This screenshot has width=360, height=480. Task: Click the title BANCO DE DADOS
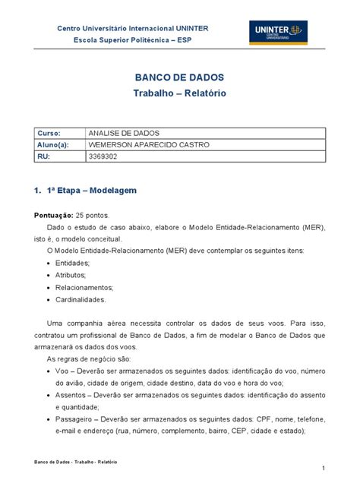(x=179, y=78)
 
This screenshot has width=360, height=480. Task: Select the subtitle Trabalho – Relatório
(x=179, y=93)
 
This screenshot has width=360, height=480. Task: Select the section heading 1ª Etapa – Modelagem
(x=92, y=189)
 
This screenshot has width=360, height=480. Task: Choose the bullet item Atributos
(x=71, y=275)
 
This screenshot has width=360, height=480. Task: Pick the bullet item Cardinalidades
(x=81, y=299)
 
